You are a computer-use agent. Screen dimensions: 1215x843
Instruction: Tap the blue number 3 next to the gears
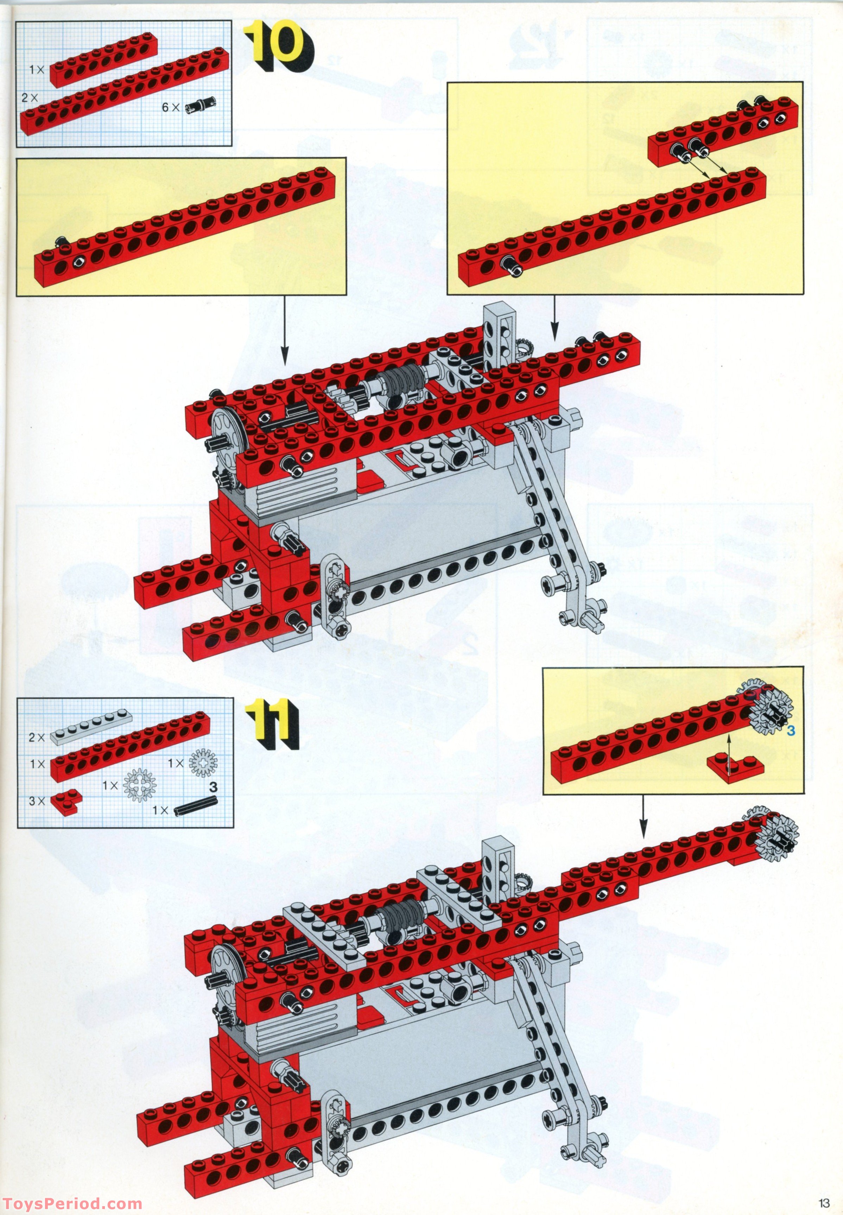click(791, 732)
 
